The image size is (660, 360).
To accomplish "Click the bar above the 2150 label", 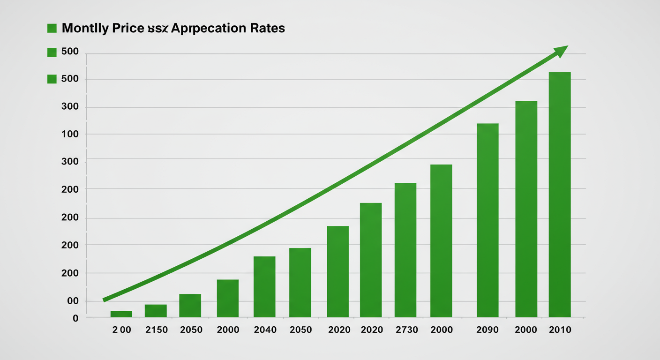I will [x=156, y=311].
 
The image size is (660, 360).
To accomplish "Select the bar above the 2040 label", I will [x=264, y=286].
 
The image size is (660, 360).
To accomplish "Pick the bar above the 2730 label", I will [x=405, y=250].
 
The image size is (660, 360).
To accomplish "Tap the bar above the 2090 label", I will [x=487, y=220].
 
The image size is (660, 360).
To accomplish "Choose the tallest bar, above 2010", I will [x=560, y=195].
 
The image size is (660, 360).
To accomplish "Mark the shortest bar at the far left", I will [x=121, y=314].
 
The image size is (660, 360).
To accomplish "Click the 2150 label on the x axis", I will [x=157, y=330].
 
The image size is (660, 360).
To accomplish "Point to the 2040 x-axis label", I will [x=265, y=330].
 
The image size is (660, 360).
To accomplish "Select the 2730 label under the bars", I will [x=406, y=330].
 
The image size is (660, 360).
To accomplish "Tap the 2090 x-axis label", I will [x=488, y=330].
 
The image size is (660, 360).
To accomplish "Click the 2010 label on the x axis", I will [x=560, y=330].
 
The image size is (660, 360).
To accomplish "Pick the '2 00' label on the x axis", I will [x=122, y=330].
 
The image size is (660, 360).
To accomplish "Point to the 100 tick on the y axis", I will [x=69, y=135].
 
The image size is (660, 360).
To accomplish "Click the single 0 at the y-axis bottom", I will [x=75, y=319].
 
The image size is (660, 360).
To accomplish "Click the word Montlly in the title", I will [x=85, y=28].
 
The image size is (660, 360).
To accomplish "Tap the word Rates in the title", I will [x=267, y=28].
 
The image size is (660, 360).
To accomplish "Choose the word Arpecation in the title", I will [x=208, y=28].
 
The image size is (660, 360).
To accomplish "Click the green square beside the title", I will [x=52, y=29].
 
